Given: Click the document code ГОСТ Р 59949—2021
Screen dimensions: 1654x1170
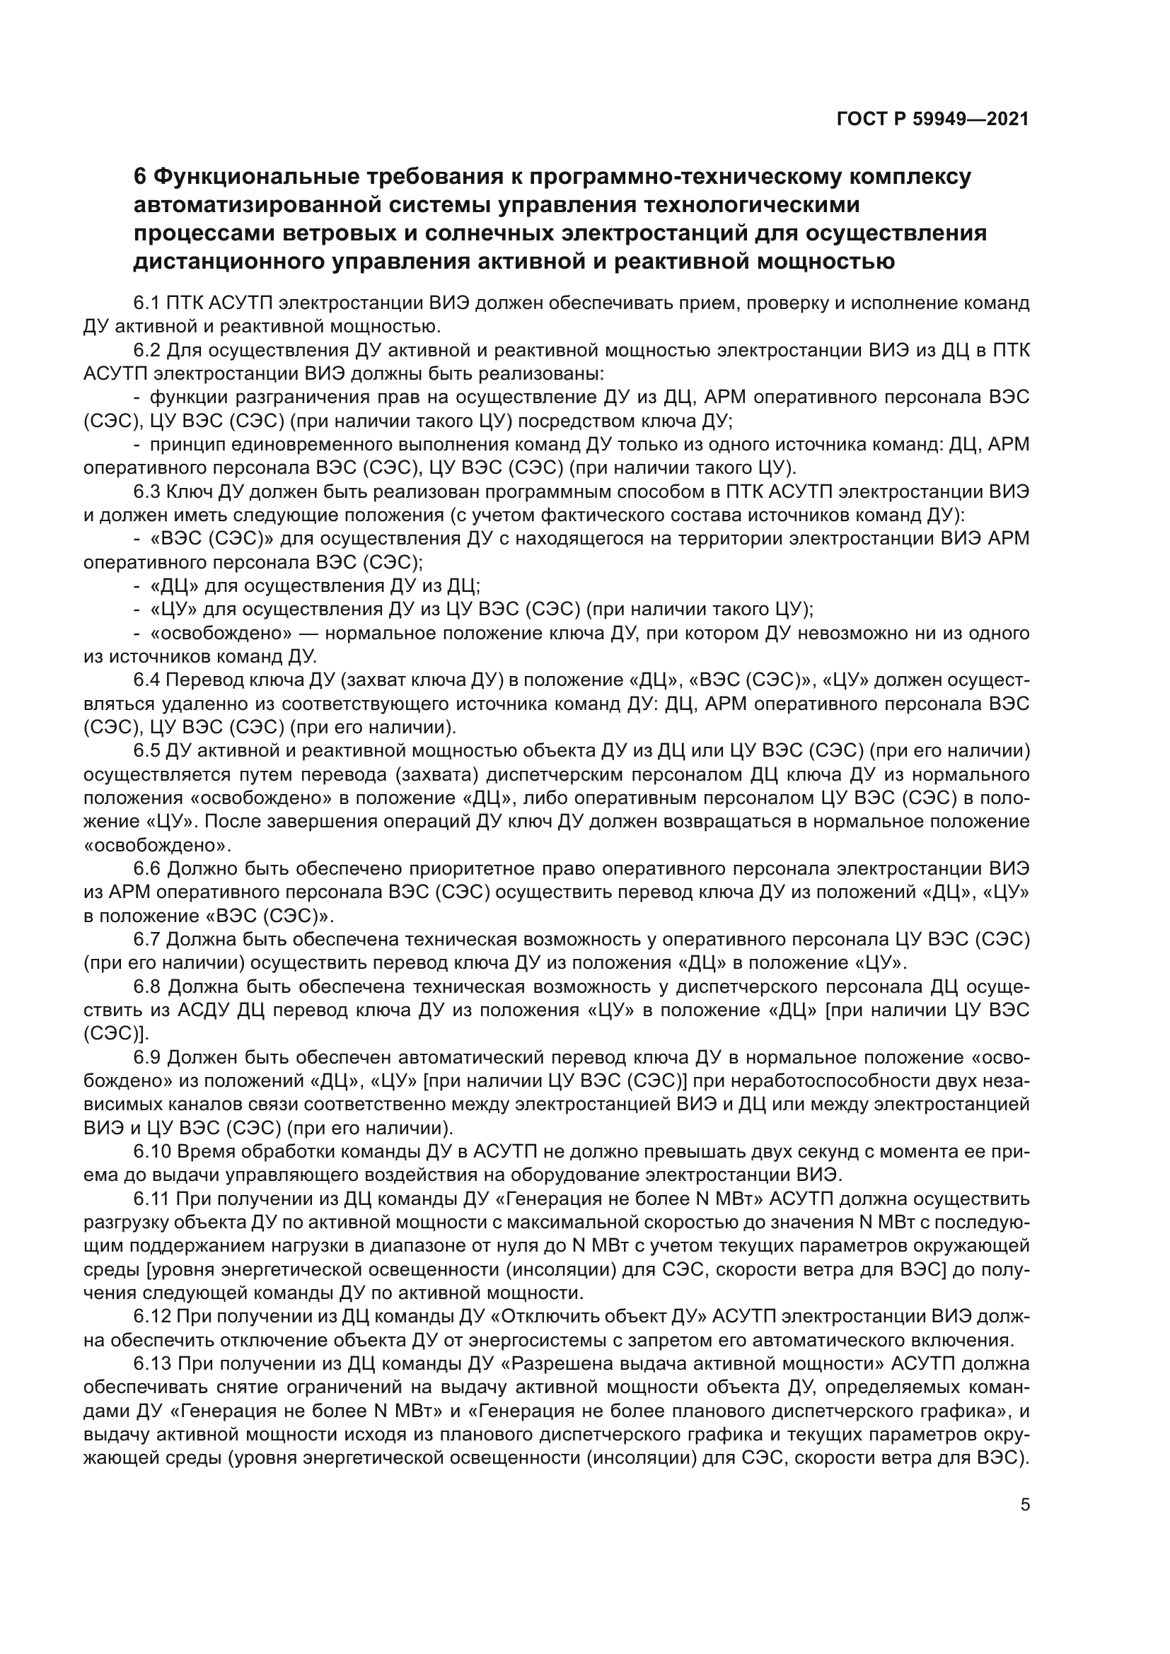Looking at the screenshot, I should pos(932,120).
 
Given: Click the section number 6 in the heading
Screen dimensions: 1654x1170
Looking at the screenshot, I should pos(141,177).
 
